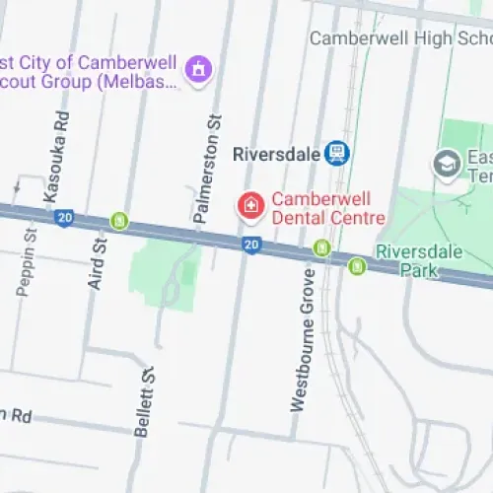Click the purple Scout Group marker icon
tap(199, 69)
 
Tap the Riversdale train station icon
tap(337, 153)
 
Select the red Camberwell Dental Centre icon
tap(250, 206)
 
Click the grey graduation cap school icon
tap(447, 162)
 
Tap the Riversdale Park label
tap(418, 259)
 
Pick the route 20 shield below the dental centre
tap(251, 244)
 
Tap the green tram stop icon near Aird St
tap(119, 221)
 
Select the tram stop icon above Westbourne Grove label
tap(320, 247)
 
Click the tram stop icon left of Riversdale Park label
tap(356, 265)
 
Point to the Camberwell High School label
tap(399, 38)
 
